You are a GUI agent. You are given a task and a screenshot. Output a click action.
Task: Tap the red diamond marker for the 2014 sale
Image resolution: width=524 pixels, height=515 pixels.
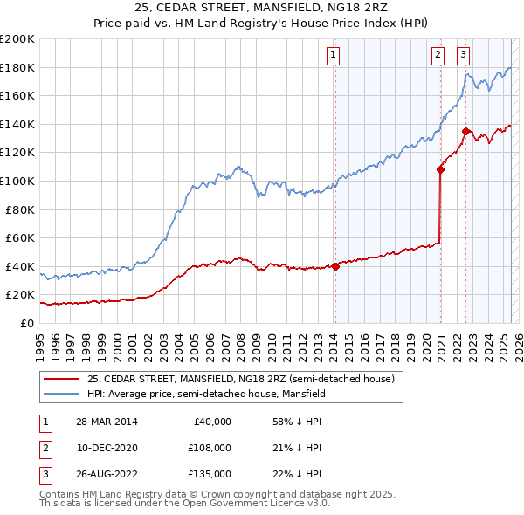(335, 266)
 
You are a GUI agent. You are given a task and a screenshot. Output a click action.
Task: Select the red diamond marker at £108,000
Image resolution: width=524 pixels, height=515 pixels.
(440, 170)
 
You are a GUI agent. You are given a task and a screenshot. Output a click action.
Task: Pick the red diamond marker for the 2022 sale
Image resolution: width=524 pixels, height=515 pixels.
(466, 132)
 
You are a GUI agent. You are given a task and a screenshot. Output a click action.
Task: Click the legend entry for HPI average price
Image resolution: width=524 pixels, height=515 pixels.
(206, 394)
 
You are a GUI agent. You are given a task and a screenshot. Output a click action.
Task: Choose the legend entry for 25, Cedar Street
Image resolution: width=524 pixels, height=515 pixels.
(241, 379)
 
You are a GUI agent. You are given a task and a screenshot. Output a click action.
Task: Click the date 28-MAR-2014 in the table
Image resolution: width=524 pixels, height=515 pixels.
(107, 422)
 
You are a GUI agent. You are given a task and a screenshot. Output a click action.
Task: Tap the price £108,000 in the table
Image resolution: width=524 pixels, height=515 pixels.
(210, 447)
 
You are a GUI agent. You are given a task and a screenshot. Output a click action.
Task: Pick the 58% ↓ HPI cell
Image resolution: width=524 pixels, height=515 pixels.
(296, 422)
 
